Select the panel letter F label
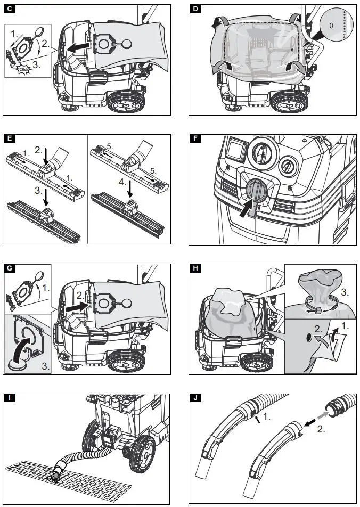coord(195,139)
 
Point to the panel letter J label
coord(195,397)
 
